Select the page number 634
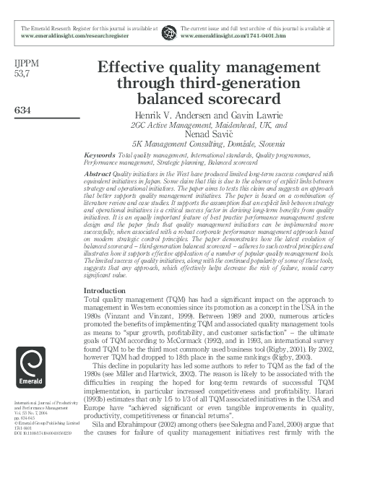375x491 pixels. [23, 110]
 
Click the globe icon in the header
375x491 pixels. [168, 32]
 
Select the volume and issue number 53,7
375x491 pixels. [22, 74]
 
